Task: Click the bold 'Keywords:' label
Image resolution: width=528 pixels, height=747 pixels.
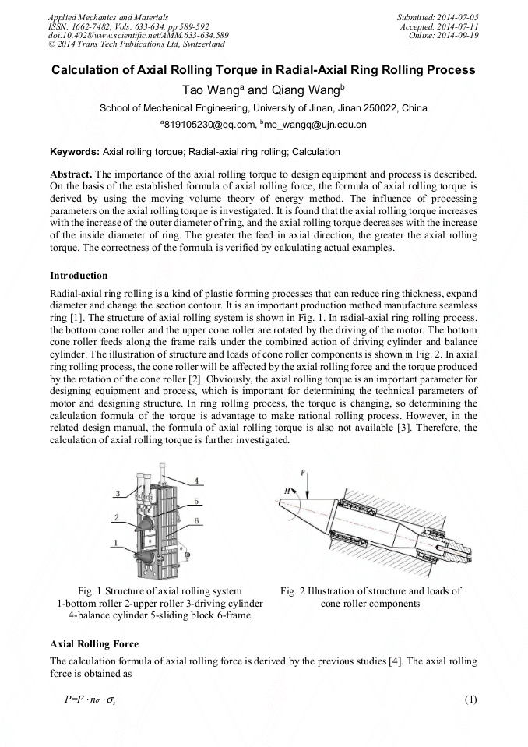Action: coord(75,152)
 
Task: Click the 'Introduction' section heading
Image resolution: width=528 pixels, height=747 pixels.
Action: coord(79,275)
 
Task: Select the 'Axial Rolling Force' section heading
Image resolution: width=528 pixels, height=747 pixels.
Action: coord(94,644)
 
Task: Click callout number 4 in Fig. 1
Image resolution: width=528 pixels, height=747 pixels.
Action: coord(196,480)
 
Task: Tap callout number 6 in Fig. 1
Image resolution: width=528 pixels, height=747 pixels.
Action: coord(198,520)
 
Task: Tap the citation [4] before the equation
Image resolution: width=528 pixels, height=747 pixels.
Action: coord(396,661)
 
